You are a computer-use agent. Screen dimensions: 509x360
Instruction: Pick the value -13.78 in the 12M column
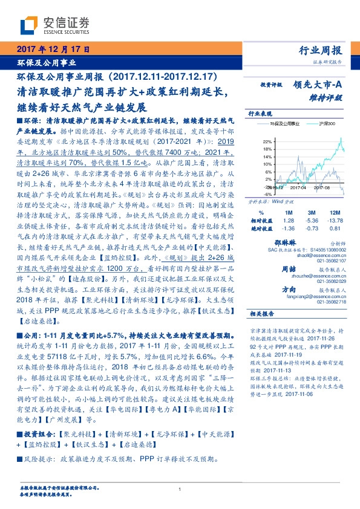[335, 221]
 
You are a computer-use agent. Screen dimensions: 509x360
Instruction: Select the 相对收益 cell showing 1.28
[289, 221]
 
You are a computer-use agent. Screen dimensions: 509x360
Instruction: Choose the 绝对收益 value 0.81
[335, 229]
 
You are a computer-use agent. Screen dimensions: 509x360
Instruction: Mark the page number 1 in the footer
[180, 490]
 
